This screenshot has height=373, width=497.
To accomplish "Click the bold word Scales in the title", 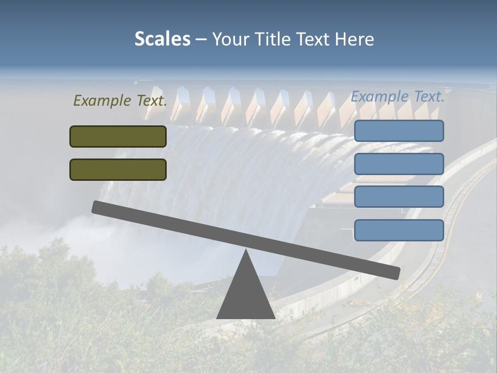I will click(162, 39).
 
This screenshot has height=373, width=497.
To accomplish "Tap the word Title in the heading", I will click(273, 39).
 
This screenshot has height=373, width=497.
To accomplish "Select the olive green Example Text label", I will click(120, 101).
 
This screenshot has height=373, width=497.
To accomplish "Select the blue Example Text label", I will click(398, 96).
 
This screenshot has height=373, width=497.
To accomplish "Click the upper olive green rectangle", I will click(118, 136).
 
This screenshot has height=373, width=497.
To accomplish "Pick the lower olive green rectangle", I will click(118, 169).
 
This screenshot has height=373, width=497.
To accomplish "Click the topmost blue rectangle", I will click(399, 131).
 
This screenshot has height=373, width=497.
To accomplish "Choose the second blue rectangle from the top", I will click(399, 164).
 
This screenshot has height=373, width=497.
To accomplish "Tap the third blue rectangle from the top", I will click(399, 197).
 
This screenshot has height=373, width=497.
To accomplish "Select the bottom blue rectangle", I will click(399, 230).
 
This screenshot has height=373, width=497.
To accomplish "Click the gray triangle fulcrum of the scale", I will click(245, 295).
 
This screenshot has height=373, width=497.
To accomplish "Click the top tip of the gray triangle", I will click(246, 252).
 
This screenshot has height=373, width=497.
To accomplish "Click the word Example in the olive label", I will click(103, 101).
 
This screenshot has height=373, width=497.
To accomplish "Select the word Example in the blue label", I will click(380, 97).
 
